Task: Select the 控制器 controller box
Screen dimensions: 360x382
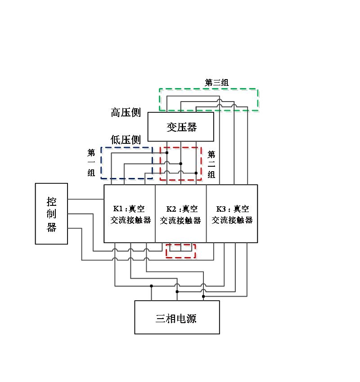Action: click(51, 213)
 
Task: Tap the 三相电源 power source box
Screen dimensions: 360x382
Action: click(177, 317)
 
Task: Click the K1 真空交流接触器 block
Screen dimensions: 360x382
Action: click(130, 214)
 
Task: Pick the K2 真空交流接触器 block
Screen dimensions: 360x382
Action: click(180, 214)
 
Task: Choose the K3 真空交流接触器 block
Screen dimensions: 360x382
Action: click(232, 214)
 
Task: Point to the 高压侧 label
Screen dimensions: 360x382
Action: click(126, 112)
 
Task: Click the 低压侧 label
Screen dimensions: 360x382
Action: click(126, 140)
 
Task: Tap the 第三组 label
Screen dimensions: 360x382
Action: click(217, 82)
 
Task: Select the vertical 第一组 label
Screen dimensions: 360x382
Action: click(91, 162)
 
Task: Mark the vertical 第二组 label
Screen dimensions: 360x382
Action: click(211, 164)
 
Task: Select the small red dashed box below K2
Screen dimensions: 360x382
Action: click(180, 258)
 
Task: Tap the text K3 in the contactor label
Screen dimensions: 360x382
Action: click(220, 209)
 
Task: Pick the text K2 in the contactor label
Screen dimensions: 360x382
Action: click(171, 209)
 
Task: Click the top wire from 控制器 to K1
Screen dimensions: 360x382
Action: click(85, 199)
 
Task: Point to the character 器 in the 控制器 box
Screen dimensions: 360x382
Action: click(51, 227)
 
